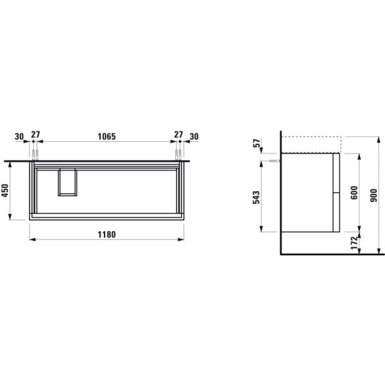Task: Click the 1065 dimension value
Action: click(x=107, y=136)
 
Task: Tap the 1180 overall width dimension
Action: click(x=107, y=234)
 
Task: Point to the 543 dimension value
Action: click(x=257, y=196)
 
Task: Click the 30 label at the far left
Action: click(x=19, y=136)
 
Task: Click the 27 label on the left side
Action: click(x=36, y=136)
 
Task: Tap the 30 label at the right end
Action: click(x=194, y=136)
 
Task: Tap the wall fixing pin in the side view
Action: click(x=275, y=162)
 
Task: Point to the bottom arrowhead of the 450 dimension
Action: click(x=12, y=218)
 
